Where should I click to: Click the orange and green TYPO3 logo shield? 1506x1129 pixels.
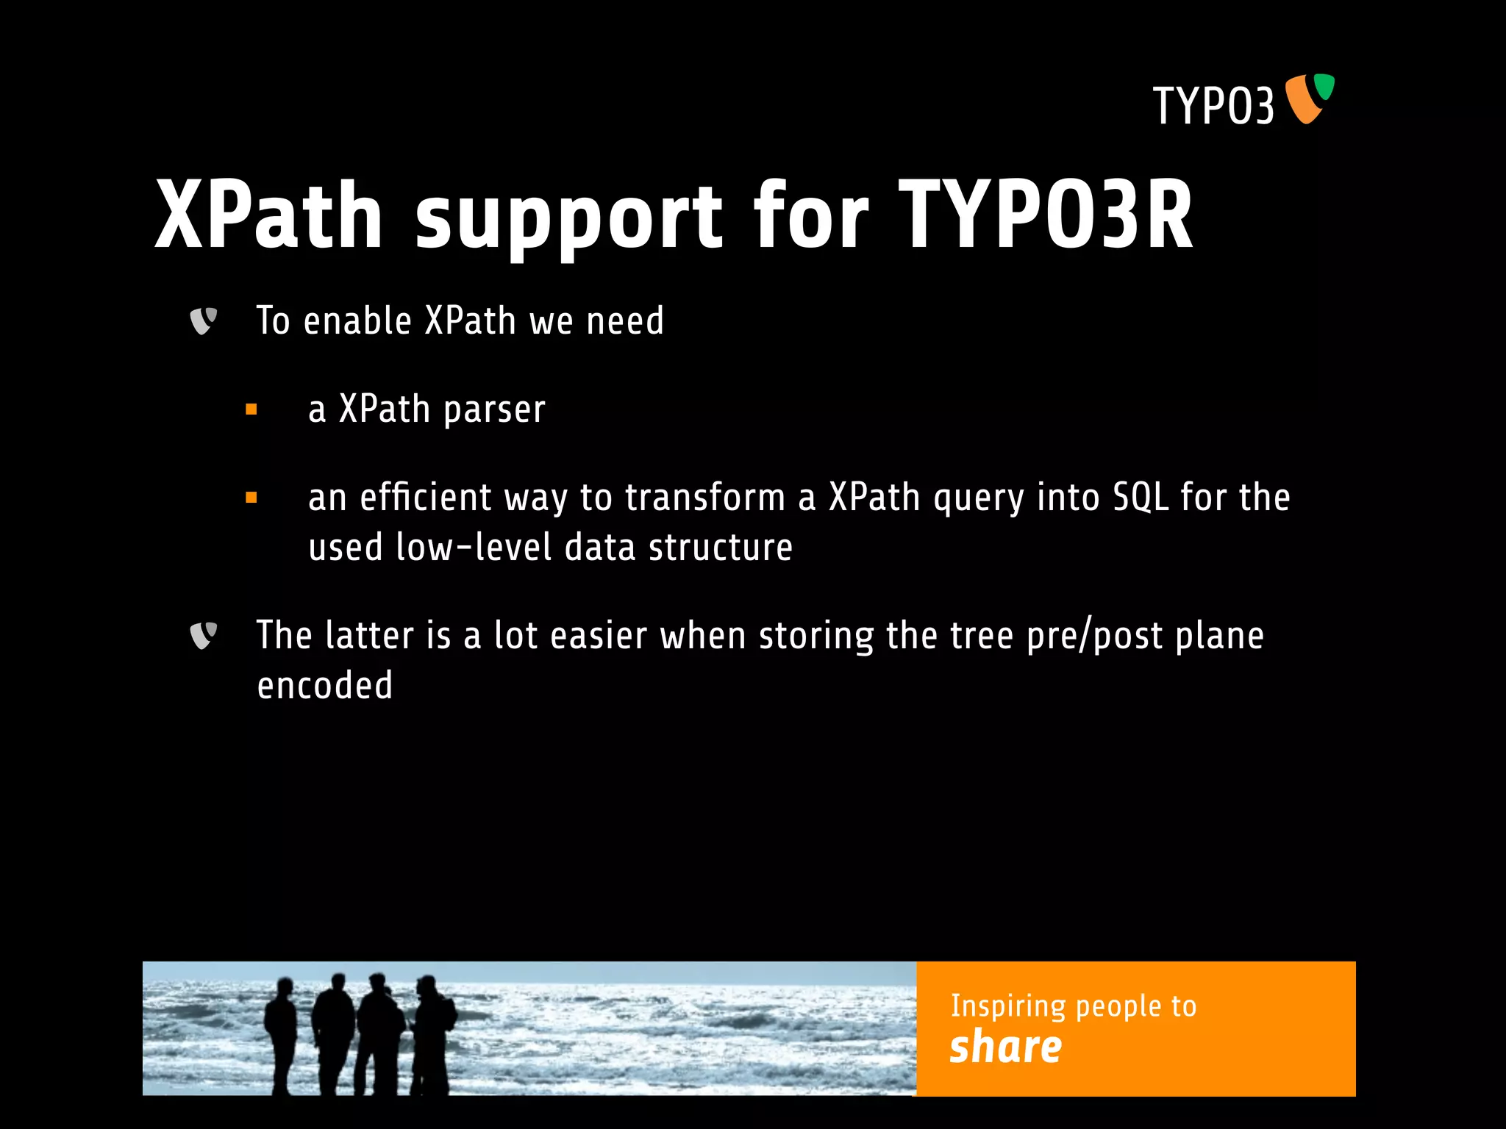coord(1309,98)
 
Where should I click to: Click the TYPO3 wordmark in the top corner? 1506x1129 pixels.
coord(1213,106)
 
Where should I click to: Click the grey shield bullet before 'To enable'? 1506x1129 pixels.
coord(203,321)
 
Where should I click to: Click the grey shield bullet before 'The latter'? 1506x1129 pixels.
coord(203,636)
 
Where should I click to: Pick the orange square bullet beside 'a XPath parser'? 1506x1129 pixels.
coord(251,409)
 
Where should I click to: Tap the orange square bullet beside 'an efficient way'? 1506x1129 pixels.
coord(251,498)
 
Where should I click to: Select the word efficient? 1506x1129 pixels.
coord(425,498)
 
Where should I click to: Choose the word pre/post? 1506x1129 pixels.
coord(1094,637)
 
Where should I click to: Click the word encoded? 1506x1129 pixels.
coord(324,686)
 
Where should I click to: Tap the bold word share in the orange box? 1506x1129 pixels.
coord(1005,1047)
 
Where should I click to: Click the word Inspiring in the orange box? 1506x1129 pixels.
coord(1007,1006)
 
